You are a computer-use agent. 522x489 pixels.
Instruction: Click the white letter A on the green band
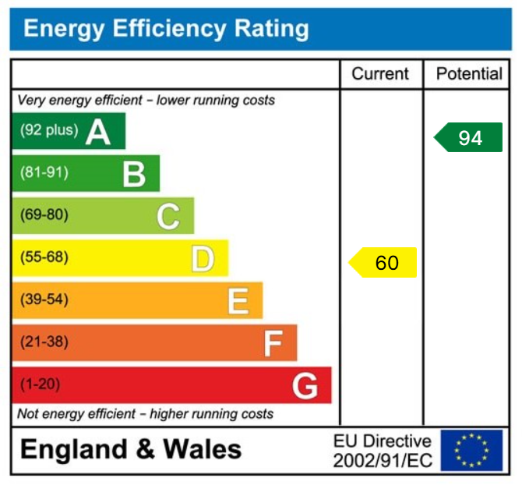click(x=98, y=132)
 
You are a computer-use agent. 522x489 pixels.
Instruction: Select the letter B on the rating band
click(x=134, y=174)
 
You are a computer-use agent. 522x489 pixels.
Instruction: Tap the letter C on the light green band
click(x=168, y=216)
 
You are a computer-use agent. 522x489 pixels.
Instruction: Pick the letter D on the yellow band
click(x=203, y=258)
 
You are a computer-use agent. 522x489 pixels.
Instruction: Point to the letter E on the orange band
click(x=238, y=300)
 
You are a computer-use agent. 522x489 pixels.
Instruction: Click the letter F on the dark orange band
click(x=273, y=342)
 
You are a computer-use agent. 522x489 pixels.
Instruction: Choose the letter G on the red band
click(x=305, y=385)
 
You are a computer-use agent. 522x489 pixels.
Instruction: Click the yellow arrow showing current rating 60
click(x=383, y=263)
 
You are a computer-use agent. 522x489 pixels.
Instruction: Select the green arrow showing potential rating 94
click(x=467, y=138)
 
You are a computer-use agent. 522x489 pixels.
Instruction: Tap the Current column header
click(x=380, y=74)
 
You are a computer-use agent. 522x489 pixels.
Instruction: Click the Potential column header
click(x=469, y=74)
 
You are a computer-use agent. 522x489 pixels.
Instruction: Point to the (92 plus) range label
click(x=49, y=130)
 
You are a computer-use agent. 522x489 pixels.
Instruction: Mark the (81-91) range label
click(x=44, y=172)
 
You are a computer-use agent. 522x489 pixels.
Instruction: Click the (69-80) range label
click(x=44, y=214)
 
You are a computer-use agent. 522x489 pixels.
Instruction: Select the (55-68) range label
click(x=44, y=257)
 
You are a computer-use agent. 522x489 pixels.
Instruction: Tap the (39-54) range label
click(x=44, y=299)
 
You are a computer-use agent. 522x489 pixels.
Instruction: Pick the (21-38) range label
click(x=44, y=342)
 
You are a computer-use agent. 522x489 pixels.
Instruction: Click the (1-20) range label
click(x=40, y=384)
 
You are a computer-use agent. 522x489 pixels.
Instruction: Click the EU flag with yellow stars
click(x=471, y=450)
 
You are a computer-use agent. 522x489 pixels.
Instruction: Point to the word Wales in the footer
click(x=202, y=450)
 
